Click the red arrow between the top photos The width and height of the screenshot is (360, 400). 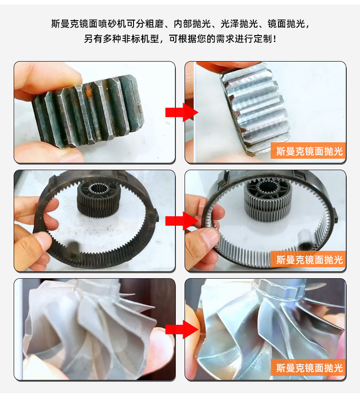tap(181, 112)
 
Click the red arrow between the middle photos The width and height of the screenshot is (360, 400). tap(181, 221)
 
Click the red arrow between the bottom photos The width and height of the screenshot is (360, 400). tap(181, 330)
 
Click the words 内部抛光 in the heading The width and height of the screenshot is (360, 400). tap(192, 24)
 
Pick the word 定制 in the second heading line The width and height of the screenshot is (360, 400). tap(262, 39)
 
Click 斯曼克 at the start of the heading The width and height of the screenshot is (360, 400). tap(65, 24)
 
